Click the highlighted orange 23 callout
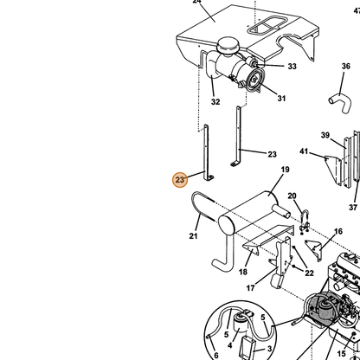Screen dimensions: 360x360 (180, 180)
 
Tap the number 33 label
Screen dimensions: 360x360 (292, 67)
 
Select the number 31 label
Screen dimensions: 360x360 (281, 99)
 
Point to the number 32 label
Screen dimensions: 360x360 (215, 102)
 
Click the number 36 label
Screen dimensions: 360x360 (346, 67)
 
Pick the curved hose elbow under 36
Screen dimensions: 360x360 (340, 102)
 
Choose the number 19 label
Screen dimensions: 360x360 (285, 170)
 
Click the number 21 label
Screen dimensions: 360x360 (193, 236)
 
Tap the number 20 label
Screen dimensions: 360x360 (292, 196)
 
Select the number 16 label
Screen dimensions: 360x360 (338, 231)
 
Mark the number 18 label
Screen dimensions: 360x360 (243, 272)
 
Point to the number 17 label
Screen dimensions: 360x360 (250, 288)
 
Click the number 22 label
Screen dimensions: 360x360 (309, 273)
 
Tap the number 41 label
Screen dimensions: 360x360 (304, 151)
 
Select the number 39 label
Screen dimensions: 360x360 (325, 135)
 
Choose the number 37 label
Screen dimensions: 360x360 (353, 207)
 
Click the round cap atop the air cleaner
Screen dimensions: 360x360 (228, 44)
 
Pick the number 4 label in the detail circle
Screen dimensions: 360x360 (229, 345)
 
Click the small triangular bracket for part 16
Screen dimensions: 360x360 (314, 249)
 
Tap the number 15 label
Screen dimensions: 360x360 (341, 354)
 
